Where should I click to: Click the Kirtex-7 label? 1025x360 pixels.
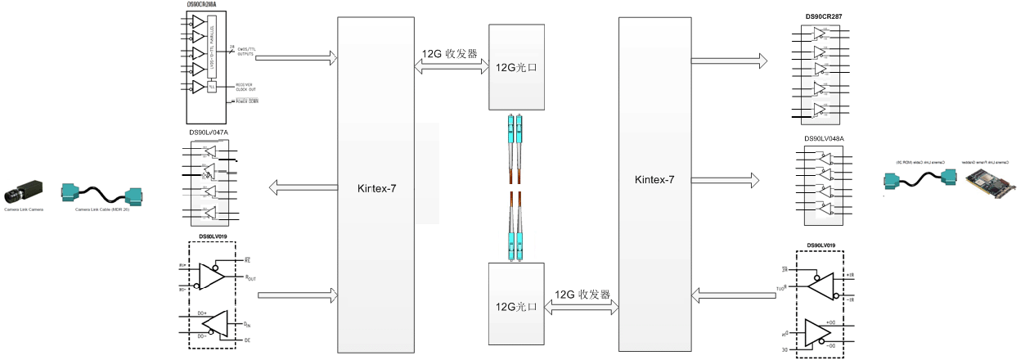point(377,188)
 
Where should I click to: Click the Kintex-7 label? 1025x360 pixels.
point(655,179)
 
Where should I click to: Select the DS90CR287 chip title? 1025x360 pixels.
point(824,16)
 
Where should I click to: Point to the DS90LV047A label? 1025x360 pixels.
point(209,132)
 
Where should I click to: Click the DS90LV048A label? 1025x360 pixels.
point(824,138)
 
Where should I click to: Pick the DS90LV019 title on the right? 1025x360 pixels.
point(820,245)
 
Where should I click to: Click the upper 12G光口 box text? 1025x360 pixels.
point(516,66)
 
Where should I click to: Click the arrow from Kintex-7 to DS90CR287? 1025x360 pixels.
point(729,60)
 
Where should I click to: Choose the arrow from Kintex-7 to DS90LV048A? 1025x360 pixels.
point(729,178)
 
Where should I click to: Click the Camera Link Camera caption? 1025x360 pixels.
point(23,209)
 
